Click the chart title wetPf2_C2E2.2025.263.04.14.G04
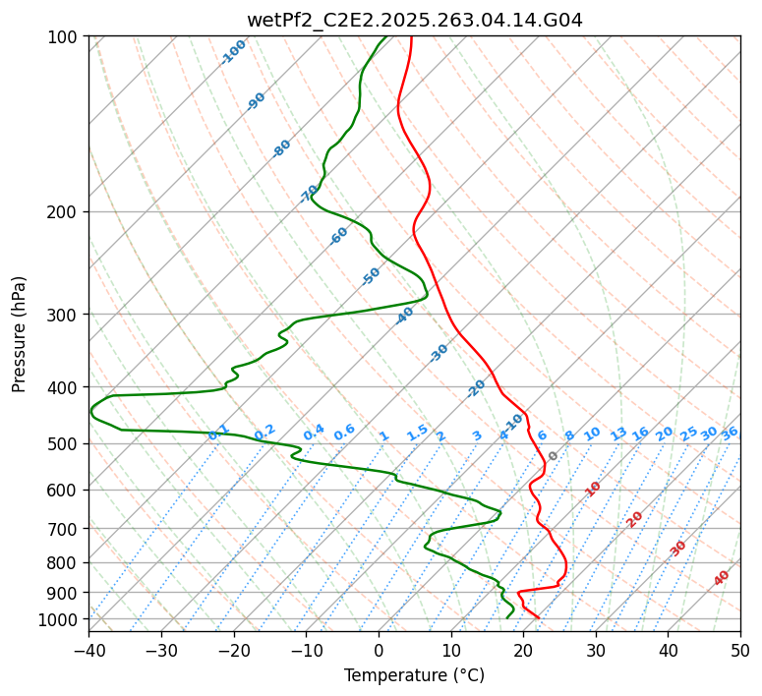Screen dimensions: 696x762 tap(414, 20)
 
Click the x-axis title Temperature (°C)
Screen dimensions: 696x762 tap(414, 675)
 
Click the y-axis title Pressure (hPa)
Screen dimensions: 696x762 tap(20, 333)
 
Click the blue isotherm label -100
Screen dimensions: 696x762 tap(233, 52)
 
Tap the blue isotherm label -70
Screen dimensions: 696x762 tap(309, 194)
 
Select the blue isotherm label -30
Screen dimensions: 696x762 tap(439, 353)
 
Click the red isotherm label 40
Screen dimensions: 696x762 tap(722, 578)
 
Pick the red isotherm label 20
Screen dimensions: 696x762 tap(635, 518)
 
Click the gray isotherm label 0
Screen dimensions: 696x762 tap(553, 456)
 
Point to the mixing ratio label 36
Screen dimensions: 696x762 tap(730, 433)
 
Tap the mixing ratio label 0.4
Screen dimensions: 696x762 tap(314, 434)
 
